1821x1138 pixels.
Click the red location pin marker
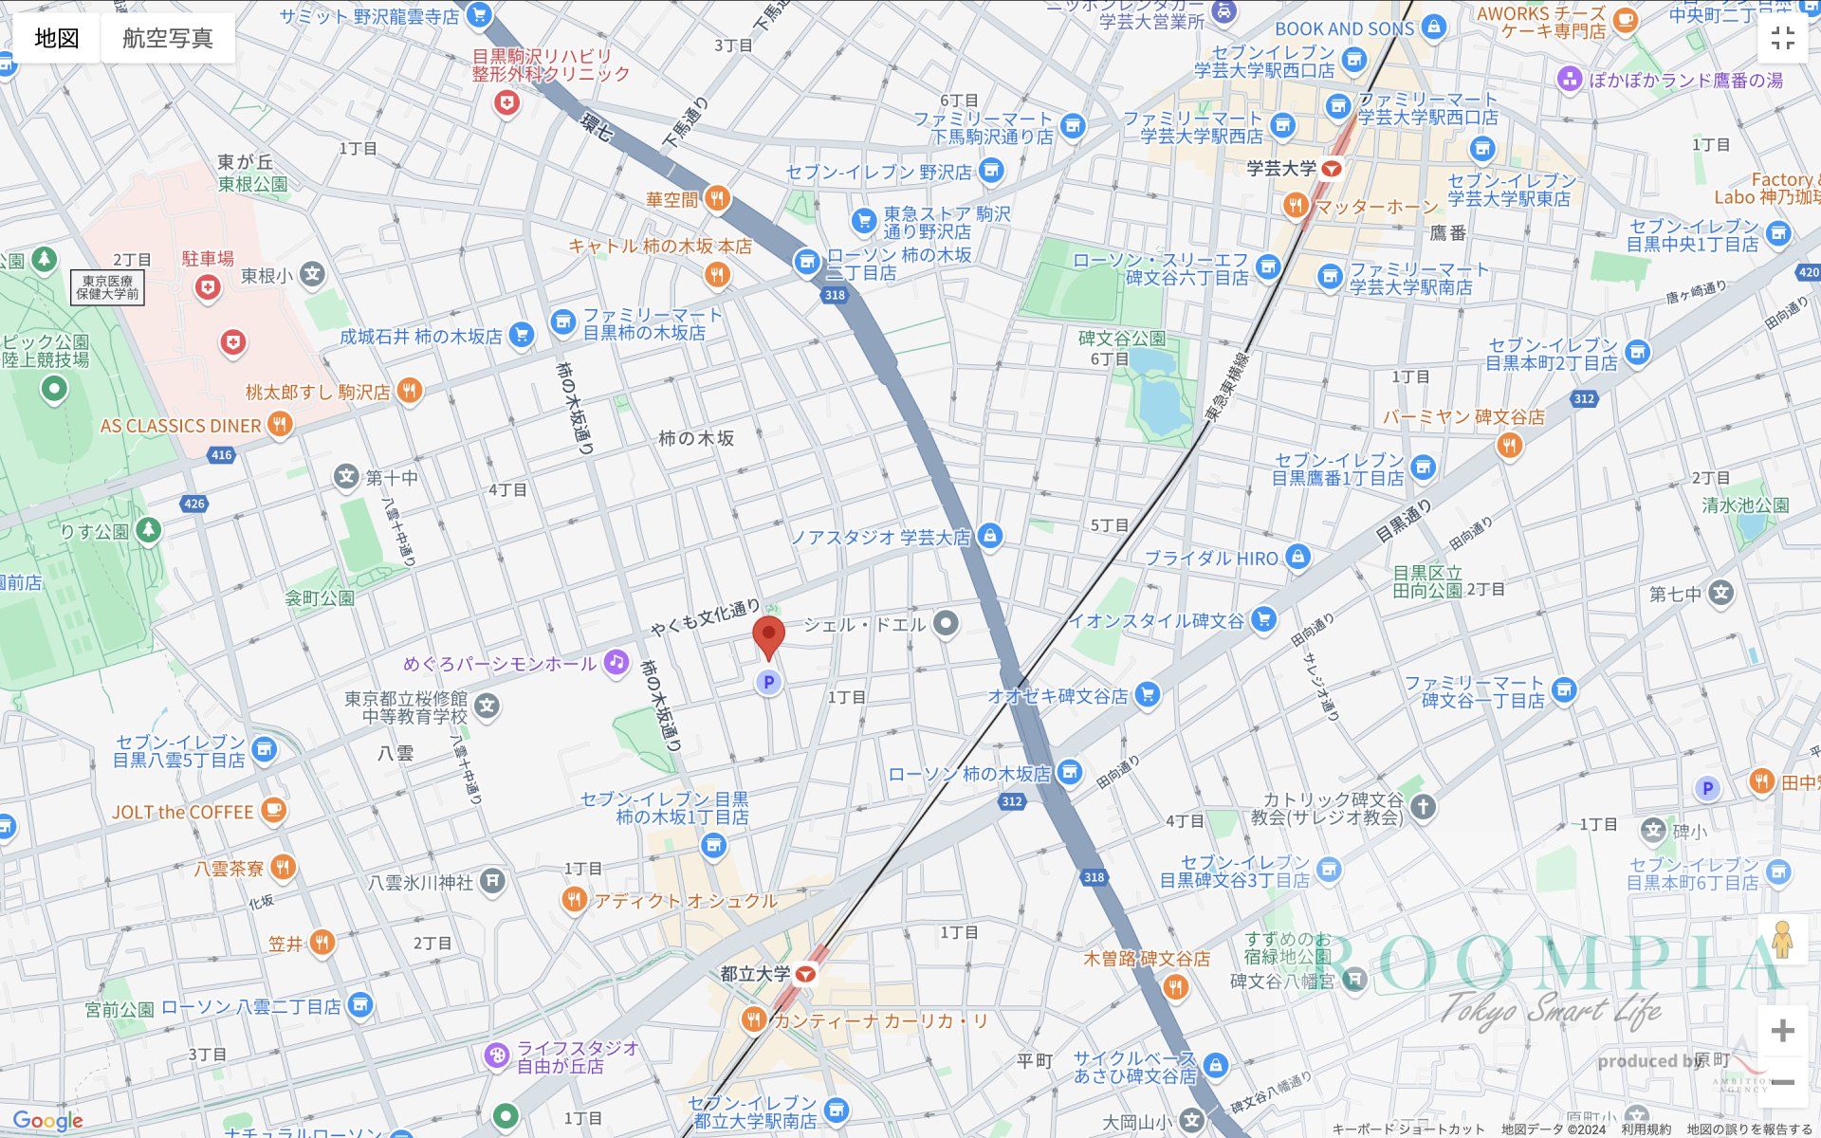pyautogui.click(x=768, y=635)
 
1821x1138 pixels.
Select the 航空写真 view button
pyautogui.click(x=168, y=38)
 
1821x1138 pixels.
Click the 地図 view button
pyautogui.click(x=57, y=38)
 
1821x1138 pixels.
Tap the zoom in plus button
pyautogui.click(x=1782, y=1031)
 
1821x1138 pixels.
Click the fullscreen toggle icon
pyautogui.click(x=1782, y=38)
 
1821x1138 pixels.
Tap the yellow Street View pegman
pyautogui.click(x=1782, y=940)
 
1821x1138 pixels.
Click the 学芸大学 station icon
pyautogui.click(x=1332, y=169)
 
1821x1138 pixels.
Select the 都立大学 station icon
pyautogui.click(x=806, y=974)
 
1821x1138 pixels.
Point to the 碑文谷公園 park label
pyautogui.click(x=1122, y=339)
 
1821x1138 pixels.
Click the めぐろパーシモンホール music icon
pyautogui.click(x=616, y=663)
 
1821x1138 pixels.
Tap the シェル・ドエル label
pyautogui.click(x=864, y=624)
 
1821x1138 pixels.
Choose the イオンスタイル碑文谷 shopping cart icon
pyautogui.click(x=1262, y=620)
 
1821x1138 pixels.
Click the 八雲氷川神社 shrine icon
pyautogui.click(x=491, y=882)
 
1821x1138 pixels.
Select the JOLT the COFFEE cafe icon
pyautogui.click(x=273, y=811)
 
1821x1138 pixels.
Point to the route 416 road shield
pyautogui.click(x=221, y=455)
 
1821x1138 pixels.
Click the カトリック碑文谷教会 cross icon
pyautogui.click(x=1422, y=807)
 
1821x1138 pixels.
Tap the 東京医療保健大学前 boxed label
pyautogui.click(x=107, y=287)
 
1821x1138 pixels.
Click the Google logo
pyautogui.click(x=47, y=1122)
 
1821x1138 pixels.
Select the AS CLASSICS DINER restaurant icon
pyautogui.click(x=279, y=425)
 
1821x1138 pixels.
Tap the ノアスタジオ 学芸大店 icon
pyautogui.click(x=989, y=537)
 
